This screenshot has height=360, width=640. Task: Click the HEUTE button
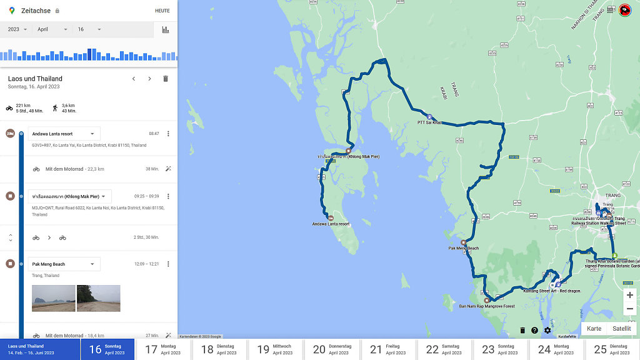[162, 11]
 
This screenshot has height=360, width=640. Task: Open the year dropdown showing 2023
[17, 29]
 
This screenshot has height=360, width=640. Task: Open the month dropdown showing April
[52, 29]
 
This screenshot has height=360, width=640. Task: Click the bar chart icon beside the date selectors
[166, 29]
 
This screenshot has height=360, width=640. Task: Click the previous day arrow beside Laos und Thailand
[133, 79]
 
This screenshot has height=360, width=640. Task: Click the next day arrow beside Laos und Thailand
[149, 79]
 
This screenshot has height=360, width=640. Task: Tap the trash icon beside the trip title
[166, 79]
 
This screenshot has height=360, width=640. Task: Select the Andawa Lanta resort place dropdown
[64, 134]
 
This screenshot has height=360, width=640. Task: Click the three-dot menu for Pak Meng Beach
[167, 264]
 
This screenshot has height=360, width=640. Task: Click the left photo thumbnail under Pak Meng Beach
[53, 298]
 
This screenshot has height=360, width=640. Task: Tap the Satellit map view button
[621, 329]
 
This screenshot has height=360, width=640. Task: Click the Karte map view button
[594, 329]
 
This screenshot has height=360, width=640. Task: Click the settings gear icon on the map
[547, 331]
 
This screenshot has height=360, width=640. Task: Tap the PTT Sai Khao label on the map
[429, 122]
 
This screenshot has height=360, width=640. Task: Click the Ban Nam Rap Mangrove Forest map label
[487, 306]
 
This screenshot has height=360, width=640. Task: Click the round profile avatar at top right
[624, 10]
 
